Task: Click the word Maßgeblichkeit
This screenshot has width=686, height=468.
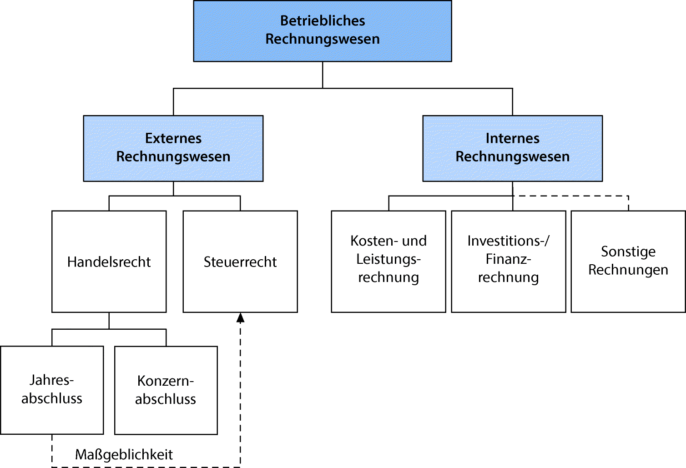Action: tap(124, 454)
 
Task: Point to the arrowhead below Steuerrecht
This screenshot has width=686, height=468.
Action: tap(240, 317)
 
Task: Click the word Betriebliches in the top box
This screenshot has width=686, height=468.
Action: tap(323, 20)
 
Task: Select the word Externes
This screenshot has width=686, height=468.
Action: tap(173, 138)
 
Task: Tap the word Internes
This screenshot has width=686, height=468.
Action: tap(512, 138)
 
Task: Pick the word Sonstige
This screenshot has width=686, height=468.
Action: tap(628, 252)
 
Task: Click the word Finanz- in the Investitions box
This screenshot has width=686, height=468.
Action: tap(508, 259)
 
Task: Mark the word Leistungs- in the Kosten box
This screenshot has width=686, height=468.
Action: tap(388, 259)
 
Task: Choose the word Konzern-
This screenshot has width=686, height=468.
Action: tap(166, 381)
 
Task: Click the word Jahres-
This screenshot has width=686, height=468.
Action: tap(52, 380)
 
